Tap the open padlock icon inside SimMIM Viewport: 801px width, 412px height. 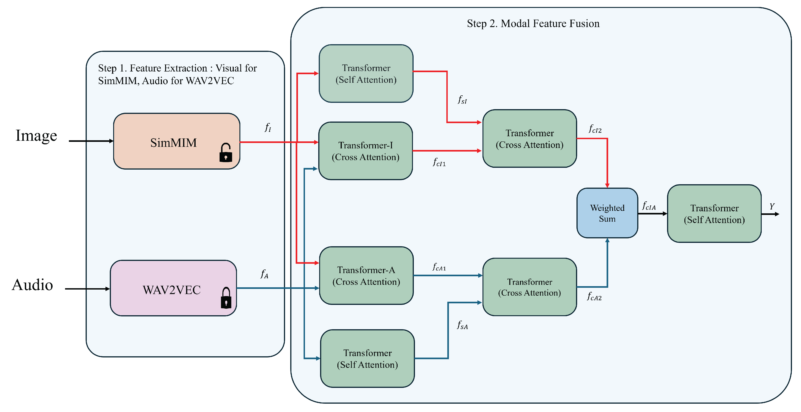226,152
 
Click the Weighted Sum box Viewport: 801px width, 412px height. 607,213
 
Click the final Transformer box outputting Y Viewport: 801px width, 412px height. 714,214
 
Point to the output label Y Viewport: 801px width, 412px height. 772,206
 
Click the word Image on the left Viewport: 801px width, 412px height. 36,136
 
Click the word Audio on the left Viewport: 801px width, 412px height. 32,285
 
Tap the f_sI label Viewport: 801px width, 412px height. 462,100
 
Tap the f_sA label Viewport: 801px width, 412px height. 462,325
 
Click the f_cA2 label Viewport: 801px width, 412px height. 594,297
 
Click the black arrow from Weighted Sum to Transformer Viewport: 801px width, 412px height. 652,214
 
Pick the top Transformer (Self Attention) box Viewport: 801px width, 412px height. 366,74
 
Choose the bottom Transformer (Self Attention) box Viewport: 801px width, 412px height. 367,359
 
